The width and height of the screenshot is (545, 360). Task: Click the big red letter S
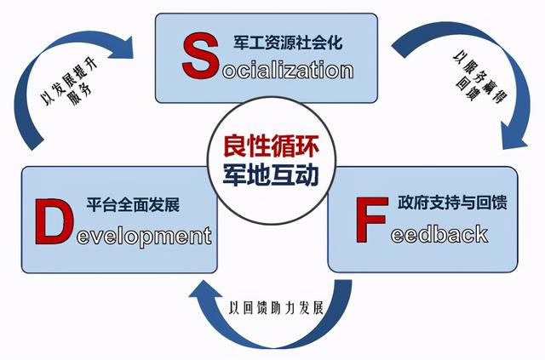200,56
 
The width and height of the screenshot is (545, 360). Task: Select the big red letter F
371,220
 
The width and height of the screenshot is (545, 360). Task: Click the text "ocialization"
288,70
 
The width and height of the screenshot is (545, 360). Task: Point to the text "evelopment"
144,237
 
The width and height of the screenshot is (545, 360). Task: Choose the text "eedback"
439,233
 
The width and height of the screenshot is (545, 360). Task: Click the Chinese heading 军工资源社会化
288,42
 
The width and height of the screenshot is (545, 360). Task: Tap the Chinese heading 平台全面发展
133,204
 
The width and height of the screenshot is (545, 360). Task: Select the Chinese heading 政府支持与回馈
452,202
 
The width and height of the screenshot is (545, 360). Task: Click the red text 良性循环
271,146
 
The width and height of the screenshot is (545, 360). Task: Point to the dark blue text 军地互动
271,174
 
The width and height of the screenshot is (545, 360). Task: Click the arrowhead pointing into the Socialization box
123,48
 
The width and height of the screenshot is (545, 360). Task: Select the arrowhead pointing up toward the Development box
205,290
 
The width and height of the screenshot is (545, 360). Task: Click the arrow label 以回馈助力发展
276,308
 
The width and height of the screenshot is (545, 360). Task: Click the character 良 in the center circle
235,146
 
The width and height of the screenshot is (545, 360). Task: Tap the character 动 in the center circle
307,174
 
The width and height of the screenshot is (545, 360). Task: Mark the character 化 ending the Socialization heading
335,42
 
